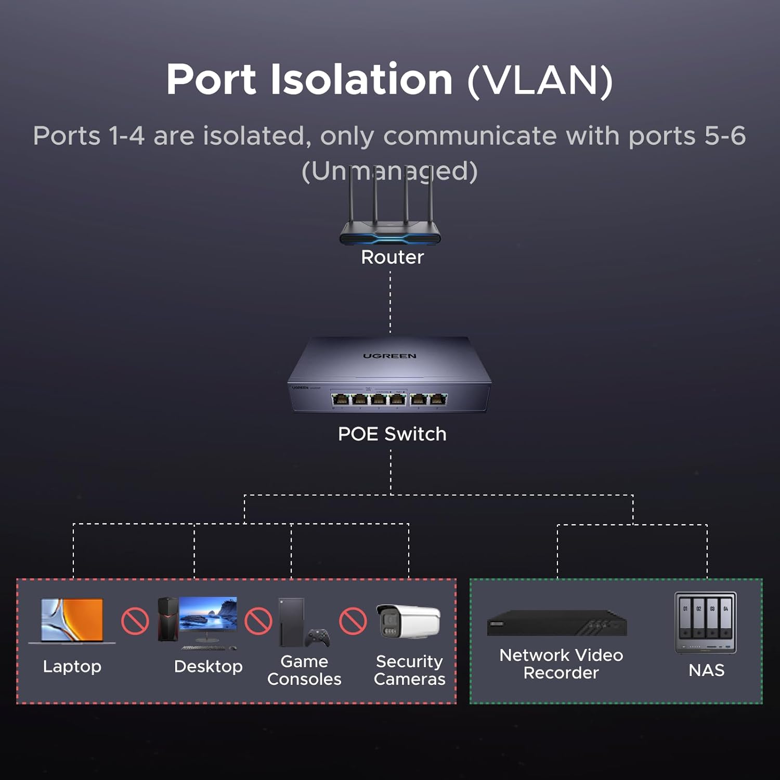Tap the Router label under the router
click(x=392, y=257)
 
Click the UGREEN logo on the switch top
click(x=389, y=356)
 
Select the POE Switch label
click(x=392, y=434)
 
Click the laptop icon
click(x=72, y=621)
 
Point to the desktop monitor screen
click(x=208, y=615)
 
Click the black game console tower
click(x=291, y=622)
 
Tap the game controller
click(x=317, y=638)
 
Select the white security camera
click(x=408, y=621)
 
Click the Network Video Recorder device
click(x=557, y=623)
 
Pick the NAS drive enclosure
click(x=706, y=622)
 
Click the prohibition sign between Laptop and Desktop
click(x=135, y=621)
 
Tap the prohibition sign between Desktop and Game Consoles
click(x=258, y=621)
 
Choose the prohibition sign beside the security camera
click(x=353, y=621)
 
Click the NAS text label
click(x=706, y=670)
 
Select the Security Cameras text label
click(x=409, y=670)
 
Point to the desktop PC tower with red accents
click(x=168, y=619)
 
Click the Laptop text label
click(x=72, y=666)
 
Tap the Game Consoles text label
click(x=304, y=670)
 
